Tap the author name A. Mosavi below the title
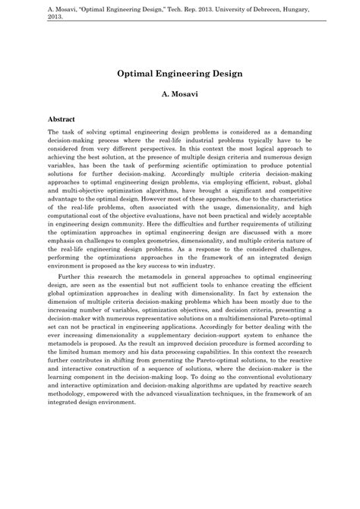[x=180, y=99]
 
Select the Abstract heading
[x=62, y=119]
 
